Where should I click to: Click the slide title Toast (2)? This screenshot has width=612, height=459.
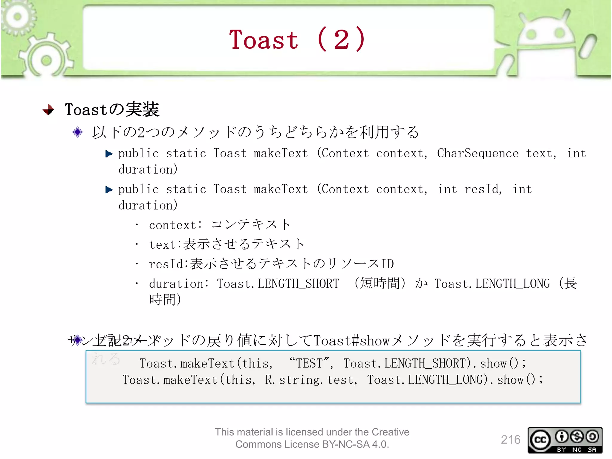pyautogui.click(x=297, y=40)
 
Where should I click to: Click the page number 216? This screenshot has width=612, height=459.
pyautogui.click(x=510, y=440)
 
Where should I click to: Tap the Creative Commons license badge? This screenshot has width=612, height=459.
pyautogui.click(x=564, y=440)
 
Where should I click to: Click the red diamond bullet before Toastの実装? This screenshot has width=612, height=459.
pyautogui.click(x=48, y=110)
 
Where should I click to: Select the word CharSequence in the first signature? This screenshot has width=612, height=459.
pyautogui.click(x=478, y=153)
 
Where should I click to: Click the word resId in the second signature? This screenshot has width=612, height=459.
pyautogui.click(x=483, y=189)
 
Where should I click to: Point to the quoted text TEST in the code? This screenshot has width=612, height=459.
pyautogui.click(x=310, y=363)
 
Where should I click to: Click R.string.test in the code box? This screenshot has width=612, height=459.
pyautogui.click(x=311, y=380)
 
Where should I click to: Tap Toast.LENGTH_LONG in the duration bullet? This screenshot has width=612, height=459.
pyautogui.click(x=492, y=284)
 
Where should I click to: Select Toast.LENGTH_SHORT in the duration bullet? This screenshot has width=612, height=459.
pyautogui.click(x=278, y=284)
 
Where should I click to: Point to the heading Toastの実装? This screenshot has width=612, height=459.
pyautogui.click(x=112, y=109)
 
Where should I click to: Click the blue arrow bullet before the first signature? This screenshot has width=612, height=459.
pyautogui.click(x=109, y=154)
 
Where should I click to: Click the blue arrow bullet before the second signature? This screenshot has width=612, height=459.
pyautogui.click(x=109, y=190)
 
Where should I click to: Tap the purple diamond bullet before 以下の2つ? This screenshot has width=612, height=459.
pyautogui.click(x=77, y=132)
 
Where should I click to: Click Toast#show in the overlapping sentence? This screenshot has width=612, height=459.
pyautogui.click(x=351, y=341)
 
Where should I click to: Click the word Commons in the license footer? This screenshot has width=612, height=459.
pyautogui.click(x=256, y=444)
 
